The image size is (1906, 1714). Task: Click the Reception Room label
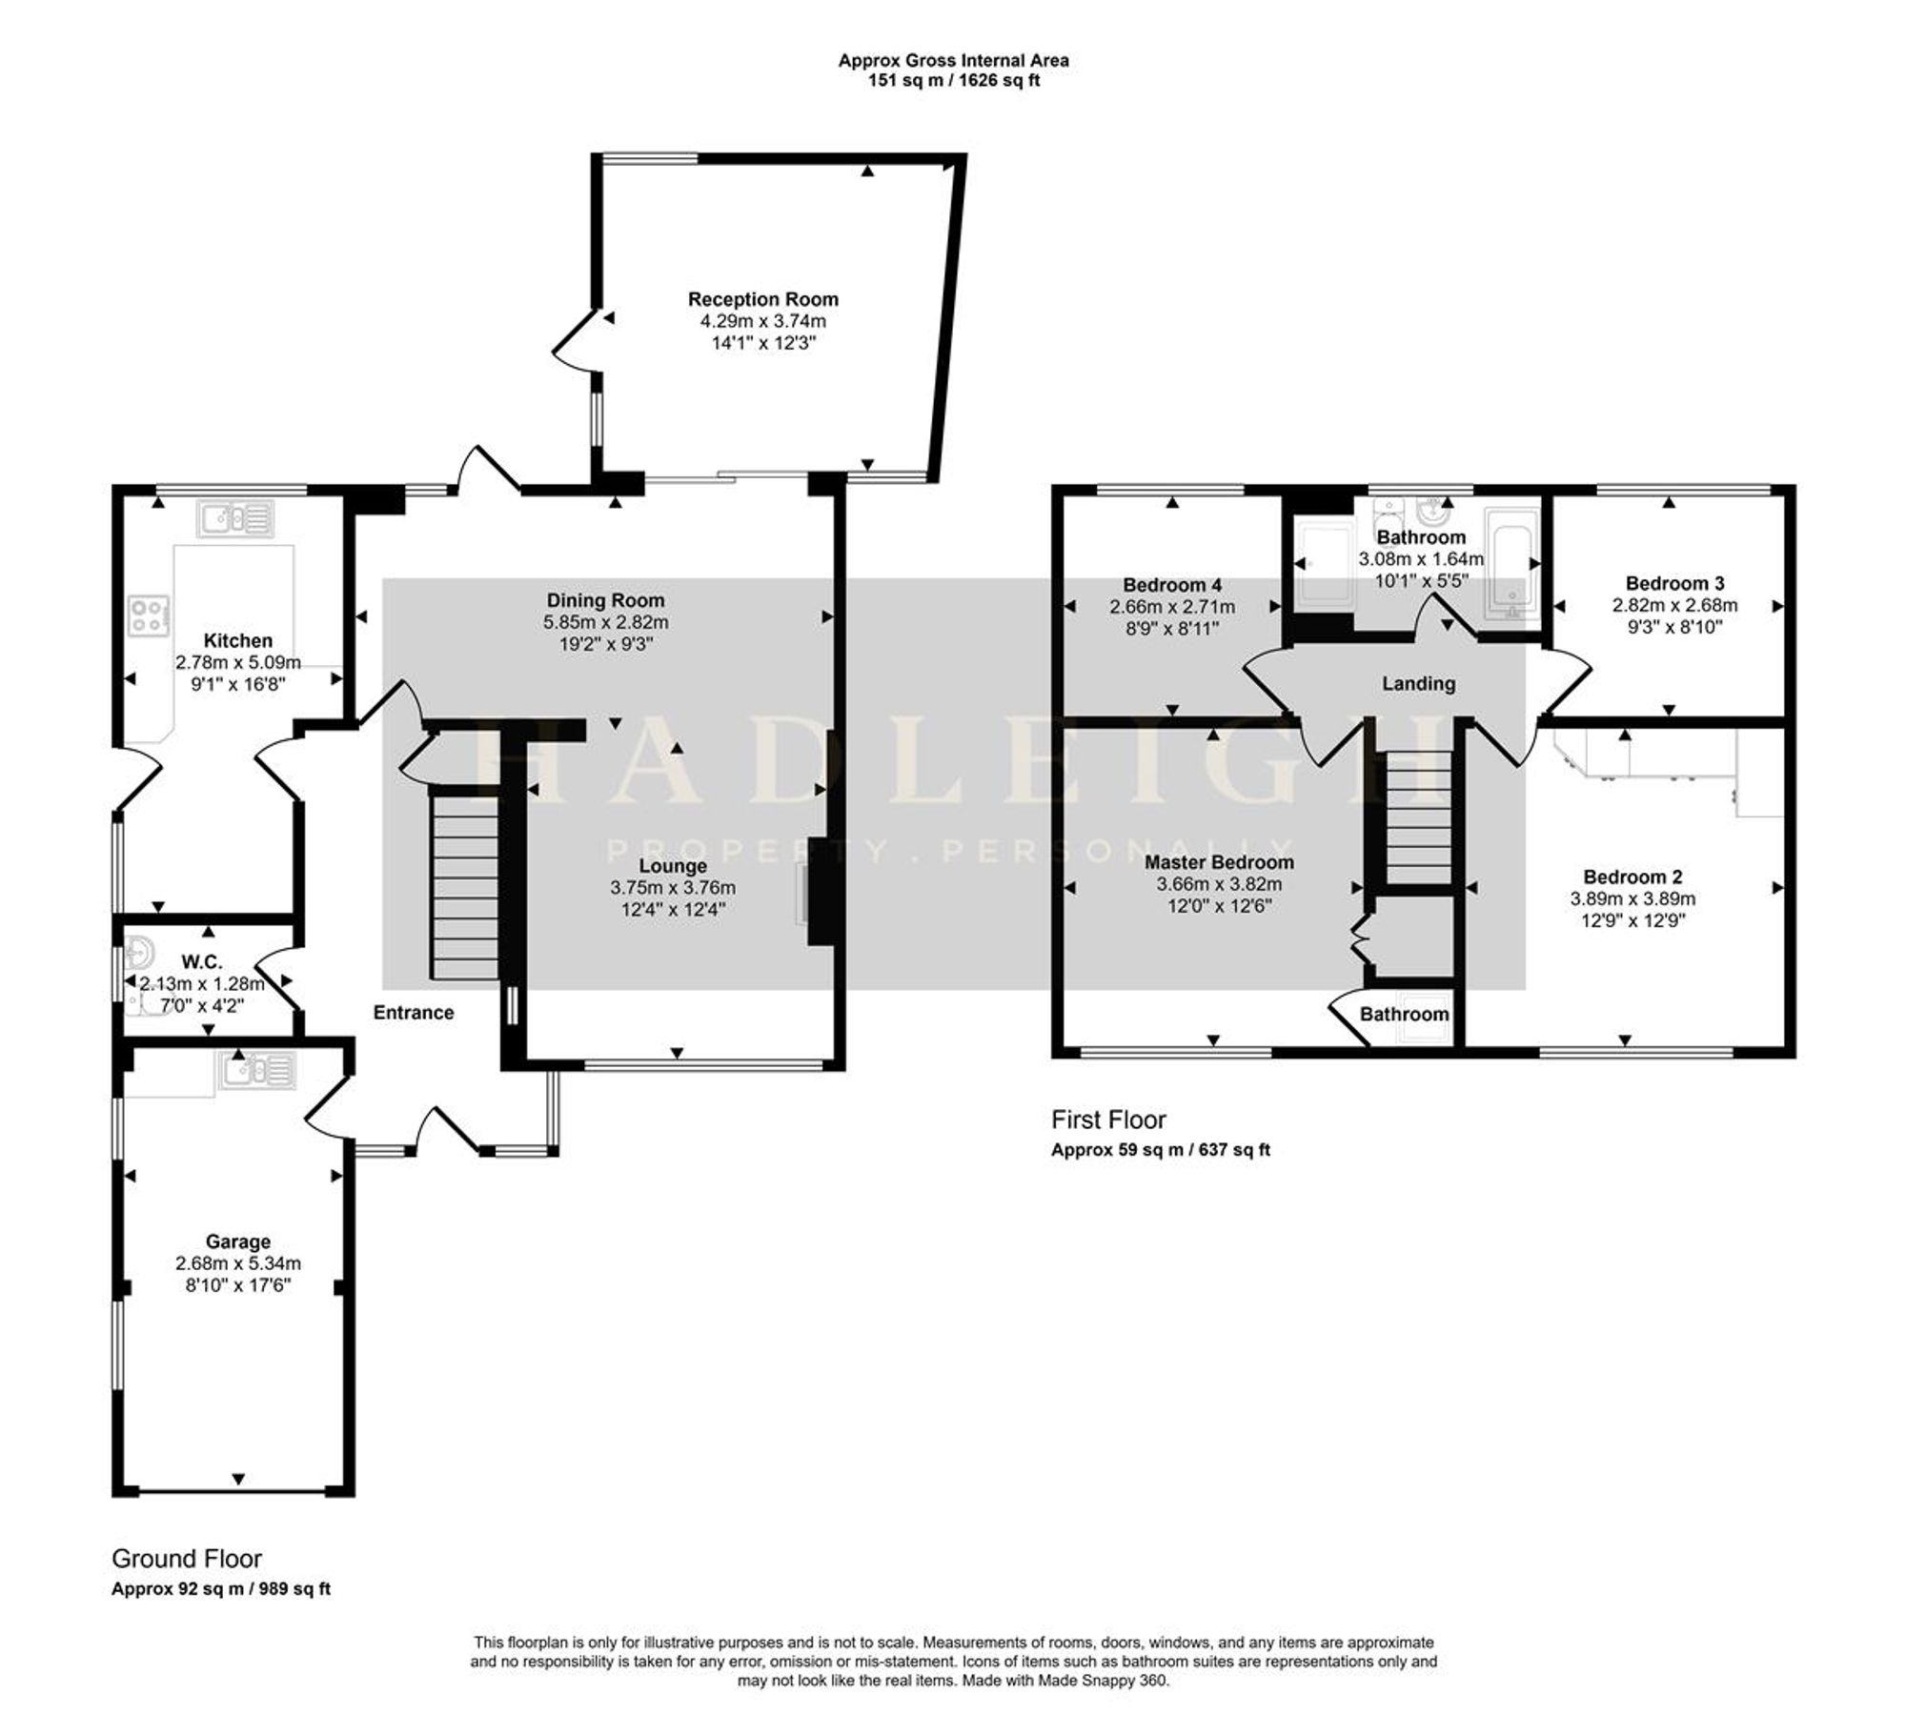coord(763,299)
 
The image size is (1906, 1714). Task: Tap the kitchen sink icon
coord(235,518)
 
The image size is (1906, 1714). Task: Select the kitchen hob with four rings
coord(150,615)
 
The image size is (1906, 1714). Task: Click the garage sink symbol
coord(258,1070)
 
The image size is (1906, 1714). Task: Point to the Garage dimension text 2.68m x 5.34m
coord(238,1263)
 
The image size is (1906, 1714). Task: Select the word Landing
coord(1419,683)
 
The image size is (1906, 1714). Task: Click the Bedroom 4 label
coord(1172,585)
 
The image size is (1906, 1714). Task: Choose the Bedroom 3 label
coord(1675,583)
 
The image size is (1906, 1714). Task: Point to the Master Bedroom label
coord(1220,862)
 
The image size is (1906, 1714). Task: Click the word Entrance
coord(414,1012)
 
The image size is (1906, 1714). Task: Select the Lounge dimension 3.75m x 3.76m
coord(673,888)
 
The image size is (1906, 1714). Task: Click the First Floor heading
coord(1108,1119)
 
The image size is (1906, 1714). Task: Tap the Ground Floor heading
coord(187,1559)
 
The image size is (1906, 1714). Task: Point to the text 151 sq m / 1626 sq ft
coord(953,80)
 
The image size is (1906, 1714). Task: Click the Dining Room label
coord(605,600)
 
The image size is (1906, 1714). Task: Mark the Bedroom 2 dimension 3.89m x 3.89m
coord(1633,898)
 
